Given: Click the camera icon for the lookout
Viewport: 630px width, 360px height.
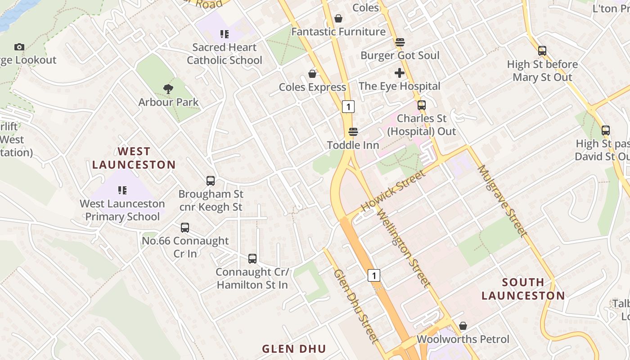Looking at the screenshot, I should pyautogui.click(x=19, y=47).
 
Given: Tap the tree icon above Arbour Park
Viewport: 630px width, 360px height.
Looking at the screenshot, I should pyautogui.click(x=168, y=89).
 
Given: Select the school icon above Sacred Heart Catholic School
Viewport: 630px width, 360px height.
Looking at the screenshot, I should pyautogui.click(x=224, y=34).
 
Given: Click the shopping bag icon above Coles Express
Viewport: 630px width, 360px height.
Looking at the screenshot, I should pyautogui.click(x=312, y=74).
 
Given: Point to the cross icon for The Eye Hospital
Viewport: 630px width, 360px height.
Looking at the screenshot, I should pyautogui.click(x=400, y=73).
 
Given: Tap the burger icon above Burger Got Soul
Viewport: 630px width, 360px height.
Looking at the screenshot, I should pyautogui.click(x=400, y=42).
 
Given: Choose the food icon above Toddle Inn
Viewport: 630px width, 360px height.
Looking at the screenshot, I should pyautogui.click(x=353, y=132).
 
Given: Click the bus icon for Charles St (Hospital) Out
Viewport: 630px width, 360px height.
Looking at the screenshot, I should pyautogui.click(x=422, y=105).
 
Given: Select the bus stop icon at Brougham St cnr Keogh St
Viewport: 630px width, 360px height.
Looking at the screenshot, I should pyautogui.click(x=211, y=181).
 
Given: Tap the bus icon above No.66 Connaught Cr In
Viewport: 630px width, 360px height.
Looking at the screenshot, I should pyautogui.click(x=185, y=228).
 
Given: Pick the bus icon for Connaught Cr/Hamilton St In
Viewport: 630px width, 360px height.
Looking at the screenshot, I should pyautogui.click(x=252, y=259).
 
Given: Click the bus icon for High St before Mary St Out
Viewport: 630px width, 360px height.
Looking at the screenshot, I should pyautogui.click(x=542, y=51).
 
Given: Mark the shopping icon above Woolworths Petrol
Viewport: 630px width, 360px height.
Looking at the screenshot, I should pyautogui.click(x=463, y=326).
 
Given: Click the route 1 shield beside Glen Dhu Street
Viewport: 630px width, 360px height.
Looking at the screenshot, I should pyautogui.click(x=374, y=275).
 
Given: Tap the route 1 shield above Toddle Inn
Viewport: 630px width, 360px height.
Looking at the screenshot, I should pyautogui.click(x=348, y=107).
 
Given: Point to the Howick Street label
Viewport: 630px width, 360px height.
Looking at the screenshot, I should pyautogui.click(x=393, y=191).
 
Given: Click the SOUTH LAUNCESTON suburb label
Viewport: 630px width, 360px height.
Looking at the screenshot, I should pyautogui.click(x=523, y=289).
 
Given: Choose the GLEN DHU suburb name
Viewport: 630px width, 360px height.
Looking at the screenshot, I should pyautogui.click(x=294, y=349).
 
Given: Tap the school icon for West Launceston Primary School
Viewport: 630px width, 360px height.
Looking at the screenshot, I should pyautogui.click(x=122, y=190).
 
